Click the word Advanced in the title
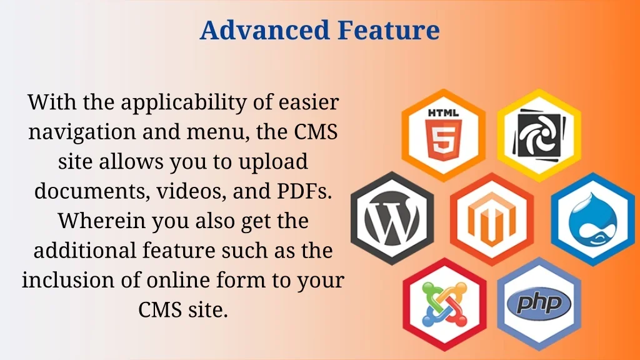tap(264, 30)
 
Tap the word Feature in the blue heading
tap(389, 30)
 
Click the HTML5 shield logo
tap(443, 140)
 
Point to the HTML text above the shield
tap(443, 112)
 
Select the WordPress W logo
tap(392, 218)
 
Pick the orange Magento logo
tap(492, 219)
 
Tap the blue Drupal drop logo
tap(592, 219)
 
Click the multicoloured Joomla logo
tap(444, 304)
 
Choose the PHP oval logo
tap(539, 304)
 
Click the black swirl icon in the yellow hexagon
tap(539, 135)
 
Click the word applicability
tap(184, 102)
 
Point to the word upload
tap(273, 162)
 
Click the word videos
tap(191, 191)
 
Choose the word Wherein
tap(102, 221)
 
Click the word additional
tap(84, 250)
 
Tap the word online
tap(177, 280)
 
